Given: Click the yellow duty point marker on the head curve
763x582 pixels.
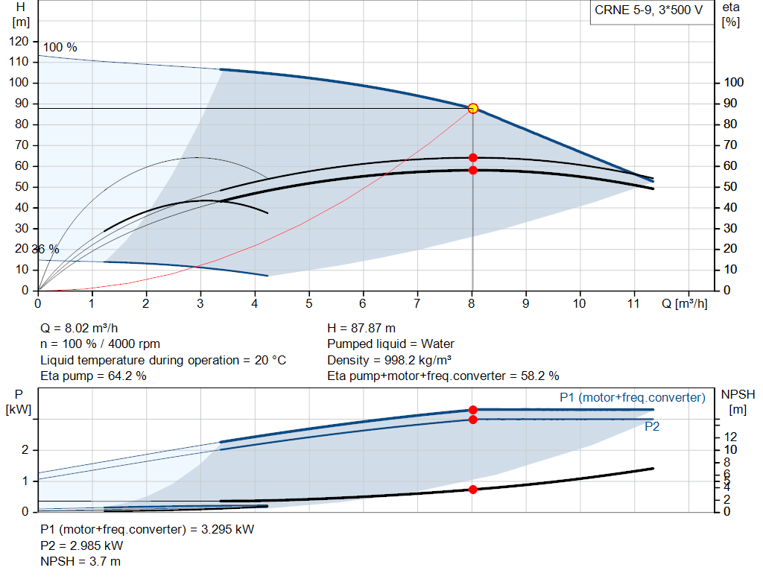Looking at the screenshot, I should point(472,108).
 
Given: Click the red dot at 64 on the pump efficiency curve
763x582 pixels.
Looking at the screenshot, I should point(472,157).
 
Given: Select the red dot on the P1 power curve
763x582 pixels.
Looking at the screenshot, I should point(472,409).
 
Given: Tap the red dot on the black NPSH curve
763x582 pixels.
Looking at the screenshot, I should point(472,489).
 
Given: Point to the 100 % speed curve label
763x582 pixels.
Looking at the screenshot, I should point(60,47).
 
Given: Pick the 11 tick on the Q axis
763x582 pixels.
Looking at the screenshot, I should point(634,304).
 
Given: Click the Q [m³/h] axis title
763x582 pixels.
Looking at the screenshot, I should point(684,303).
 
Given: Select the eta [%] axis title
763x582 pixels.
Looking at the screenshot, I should point(731,13).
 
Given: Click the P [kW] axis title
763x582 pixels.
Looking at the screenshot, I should point(16,401).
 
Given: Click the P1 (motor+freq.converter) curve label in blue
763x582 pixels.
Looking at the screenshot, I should point(632,397).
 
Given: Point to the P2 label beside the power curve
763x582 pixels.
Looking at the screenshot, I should point(652,427).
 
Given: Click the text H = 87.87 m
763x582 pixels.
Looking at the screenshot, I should point(361,328).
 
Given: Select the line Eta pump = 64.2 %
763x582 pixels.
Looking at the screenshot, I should point(93,376).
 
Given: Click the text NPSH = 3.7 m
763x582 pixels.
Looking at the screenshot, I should point(80,561).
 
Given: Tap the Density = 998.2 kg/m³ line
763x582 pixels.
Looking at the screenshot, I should point(389,360).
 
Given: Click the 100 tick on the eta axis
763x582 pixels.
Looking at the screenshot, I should point(735,82).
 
